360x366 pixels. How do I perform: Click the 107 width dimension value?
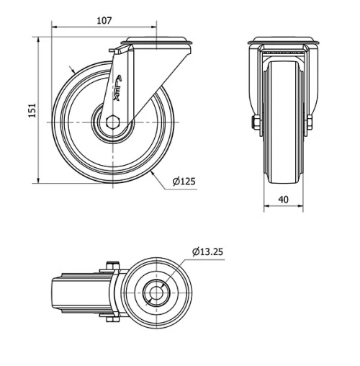[104, 21]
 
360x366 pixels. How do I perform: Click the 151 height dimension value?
[31, 110]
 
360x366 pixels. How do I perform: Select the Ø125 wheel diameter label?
[184, 182]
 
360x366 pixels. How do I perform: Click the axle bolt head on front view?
[253, 124]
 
